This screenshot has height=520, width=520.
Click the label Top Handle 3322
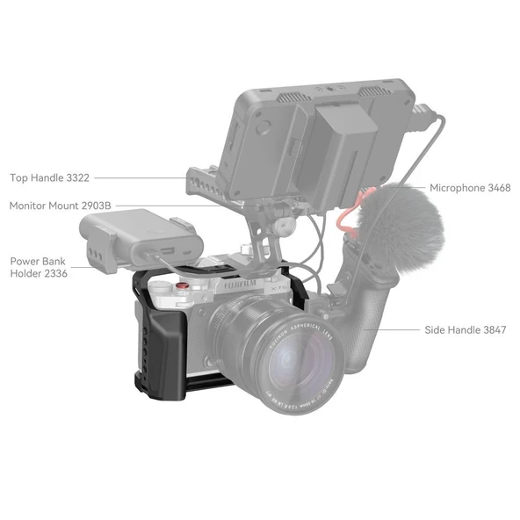pyautogui.click(x=49, y=177)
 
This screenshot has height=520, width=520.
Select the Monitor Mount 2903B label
pyautogui.click(x=60, y=206)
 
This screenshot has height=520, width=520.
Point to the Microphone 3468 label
pyautogui.click(x=469, y=188)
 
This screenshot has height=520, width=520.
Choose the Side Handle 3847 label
pyautogui.click(x=466, y=330)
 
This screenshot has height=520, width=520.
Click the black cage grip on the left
pyautogui.click(x=167, y=343)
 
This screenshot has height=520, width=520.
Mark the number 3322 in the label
pyautogui.click(x=77, y=177)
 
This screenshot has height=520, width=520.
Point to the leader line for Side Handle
pyautogui.click(x=400, y=330)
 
